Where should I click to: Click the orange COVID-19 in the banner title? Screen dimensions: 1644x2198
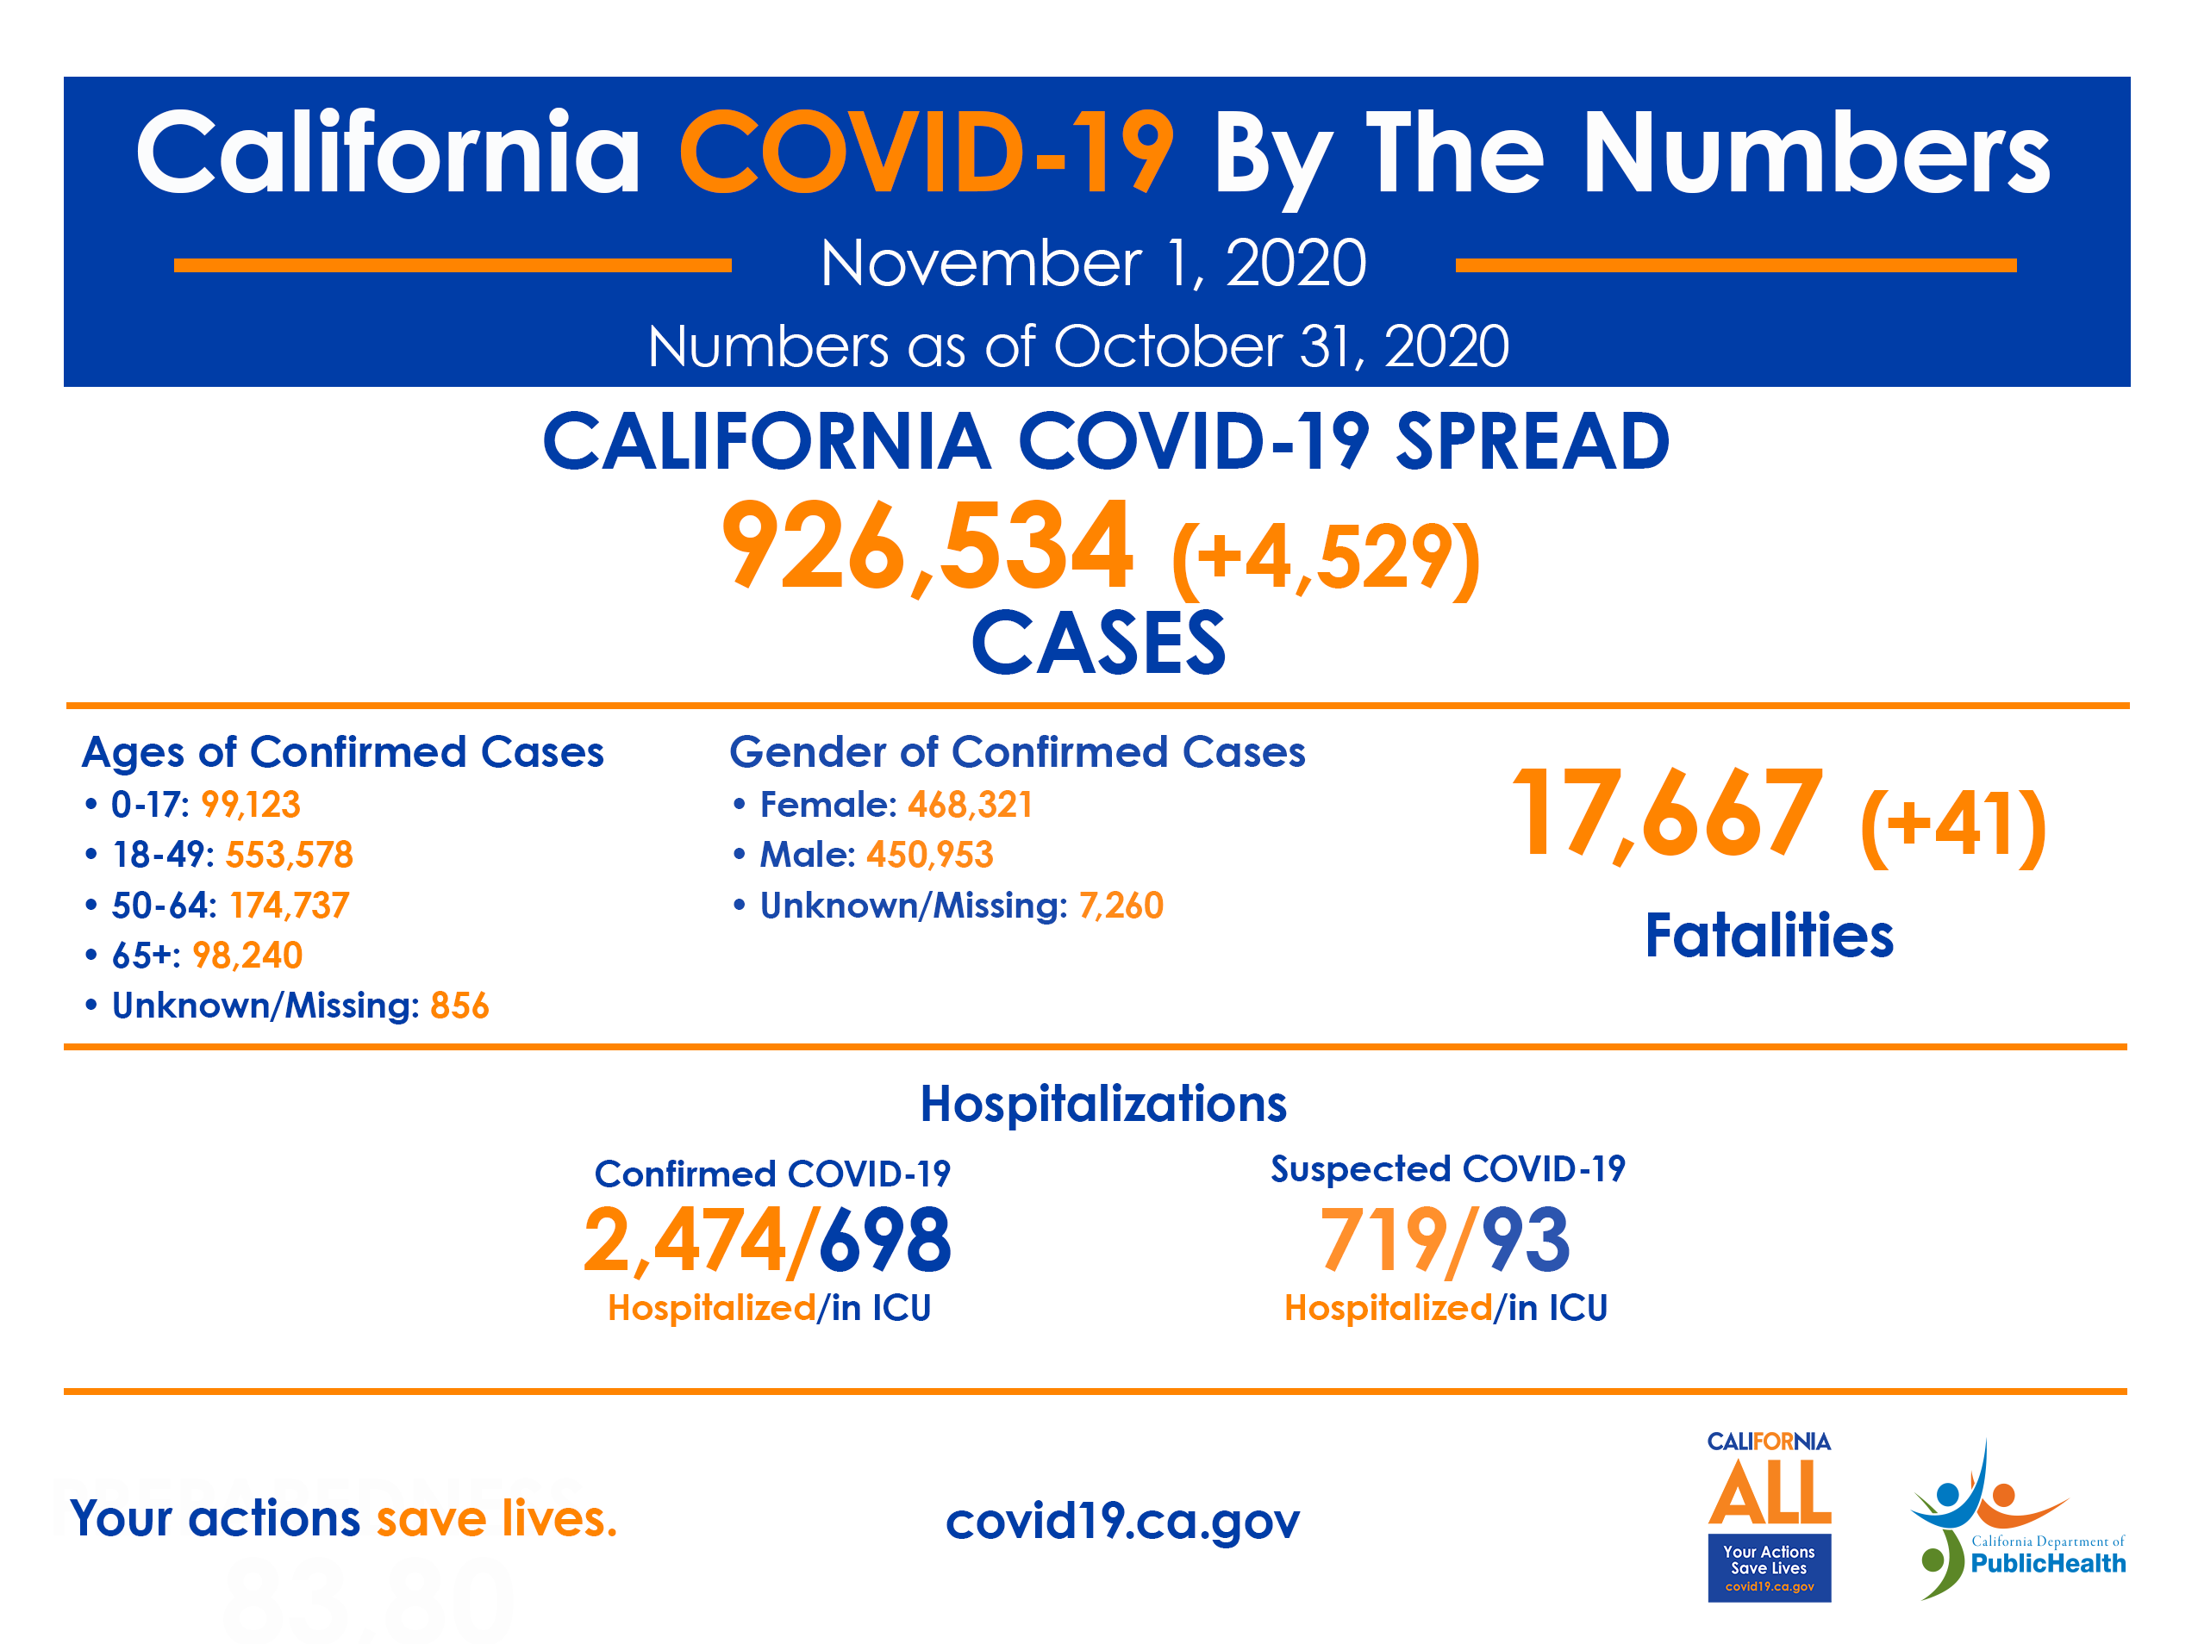926,154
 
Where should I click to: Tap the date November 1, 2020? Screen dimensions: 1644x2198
1093,265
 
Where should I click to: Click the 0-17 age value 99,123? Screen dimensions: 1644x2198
251,805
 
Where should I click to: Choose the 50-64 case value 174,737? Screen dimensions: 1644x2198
289,906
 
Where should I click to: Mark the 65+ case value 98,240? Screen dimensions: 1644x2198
247,956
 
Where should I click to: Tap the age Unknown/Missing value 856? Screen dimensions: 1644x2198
459,1006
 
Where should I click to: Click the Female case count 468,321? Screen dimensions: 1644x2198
970,805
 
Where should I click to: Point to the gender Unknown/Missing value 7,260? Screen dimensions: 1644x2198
1121,906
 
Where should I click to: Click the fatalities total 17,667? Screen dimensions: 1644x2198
1666,813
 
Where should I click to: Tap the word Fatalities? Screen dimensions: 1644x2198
1769,936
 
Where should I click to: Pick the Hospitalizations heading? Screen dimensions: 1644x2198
1103,1104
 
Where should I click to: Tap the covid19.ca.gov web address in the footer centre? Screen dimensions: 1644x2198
1123,1521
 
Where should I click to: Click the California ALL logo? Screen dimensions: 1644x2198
1769,1515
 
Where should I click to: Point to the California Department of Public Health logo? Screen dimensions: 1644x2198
2017,1520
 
